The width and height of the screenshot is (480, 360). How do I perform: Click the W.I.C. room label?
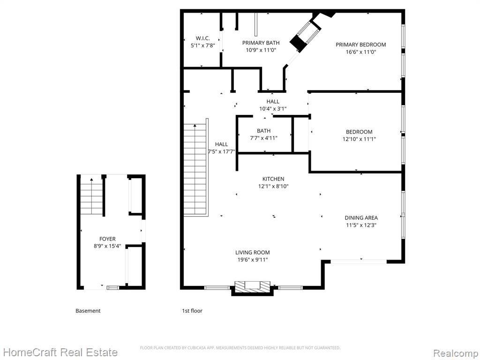202,38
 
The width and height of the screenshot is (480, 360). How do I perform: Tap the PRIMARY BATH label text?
261,43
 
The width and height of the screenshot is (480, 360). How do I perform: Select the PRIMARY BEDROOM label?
360,45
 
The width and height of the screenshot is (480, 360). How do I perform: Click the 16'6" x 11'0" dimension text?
360,52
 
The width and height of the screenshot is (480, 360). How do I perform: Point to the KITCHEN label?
273,179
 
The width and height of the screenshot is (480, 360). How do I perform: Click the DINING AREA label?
361,218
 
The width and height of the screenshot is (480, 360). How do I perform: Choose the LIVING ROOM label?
253,253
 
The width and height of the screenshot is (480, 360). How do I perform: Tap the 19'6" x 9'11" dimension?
253,260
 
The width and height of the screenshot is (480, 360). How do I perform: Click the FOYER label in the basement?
107,239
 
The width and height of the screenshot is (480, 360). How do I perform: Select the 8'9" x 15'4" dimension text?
107,246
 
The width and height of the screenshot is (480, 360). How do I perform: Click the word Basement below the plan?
88,311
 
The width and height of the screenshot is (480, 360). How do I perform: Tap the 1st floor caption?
192,311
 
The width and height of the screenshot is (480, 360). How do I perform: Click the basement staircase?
91,196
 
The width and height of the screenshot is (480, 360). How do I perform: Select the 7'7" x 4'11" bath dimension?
263,138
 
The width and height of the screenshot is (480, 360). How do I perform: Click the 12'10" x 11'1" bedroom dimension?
359,139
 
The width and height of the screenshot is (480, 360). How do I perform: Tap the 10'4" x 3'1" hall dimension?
273,109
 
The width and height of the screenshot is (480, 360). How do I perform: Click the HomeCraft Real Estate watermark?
60,352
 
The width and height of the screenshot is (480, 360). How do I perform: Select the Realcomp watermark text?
456,353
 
